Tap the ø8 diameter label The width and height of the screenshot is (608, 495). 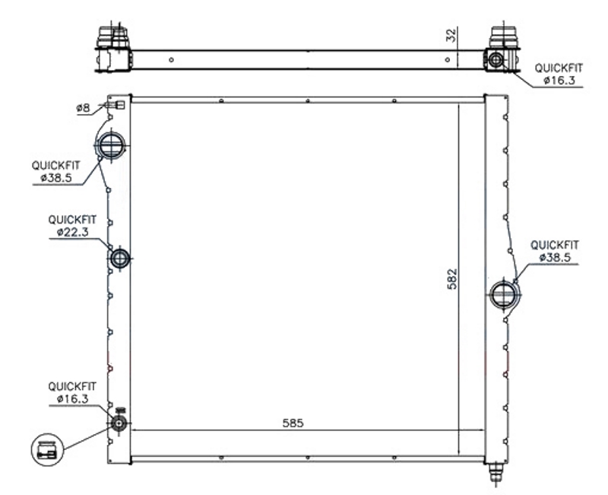(x=83, y=109)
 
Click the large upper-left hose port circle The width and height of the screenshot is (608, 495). (x=111, y=144)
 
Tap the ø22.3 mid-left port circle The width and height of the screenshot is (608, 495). (x=120, y=259)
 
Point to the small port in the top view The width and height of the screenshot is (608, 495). (x=496, y=59)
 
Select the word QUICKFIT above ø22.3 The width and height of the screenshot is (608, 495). (x=71, y=220)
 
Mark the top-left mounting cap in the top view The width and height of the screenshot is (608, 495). (x=110, y=36)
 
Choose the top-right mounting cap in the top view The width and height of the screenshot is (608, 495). (x=503, y=37)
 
